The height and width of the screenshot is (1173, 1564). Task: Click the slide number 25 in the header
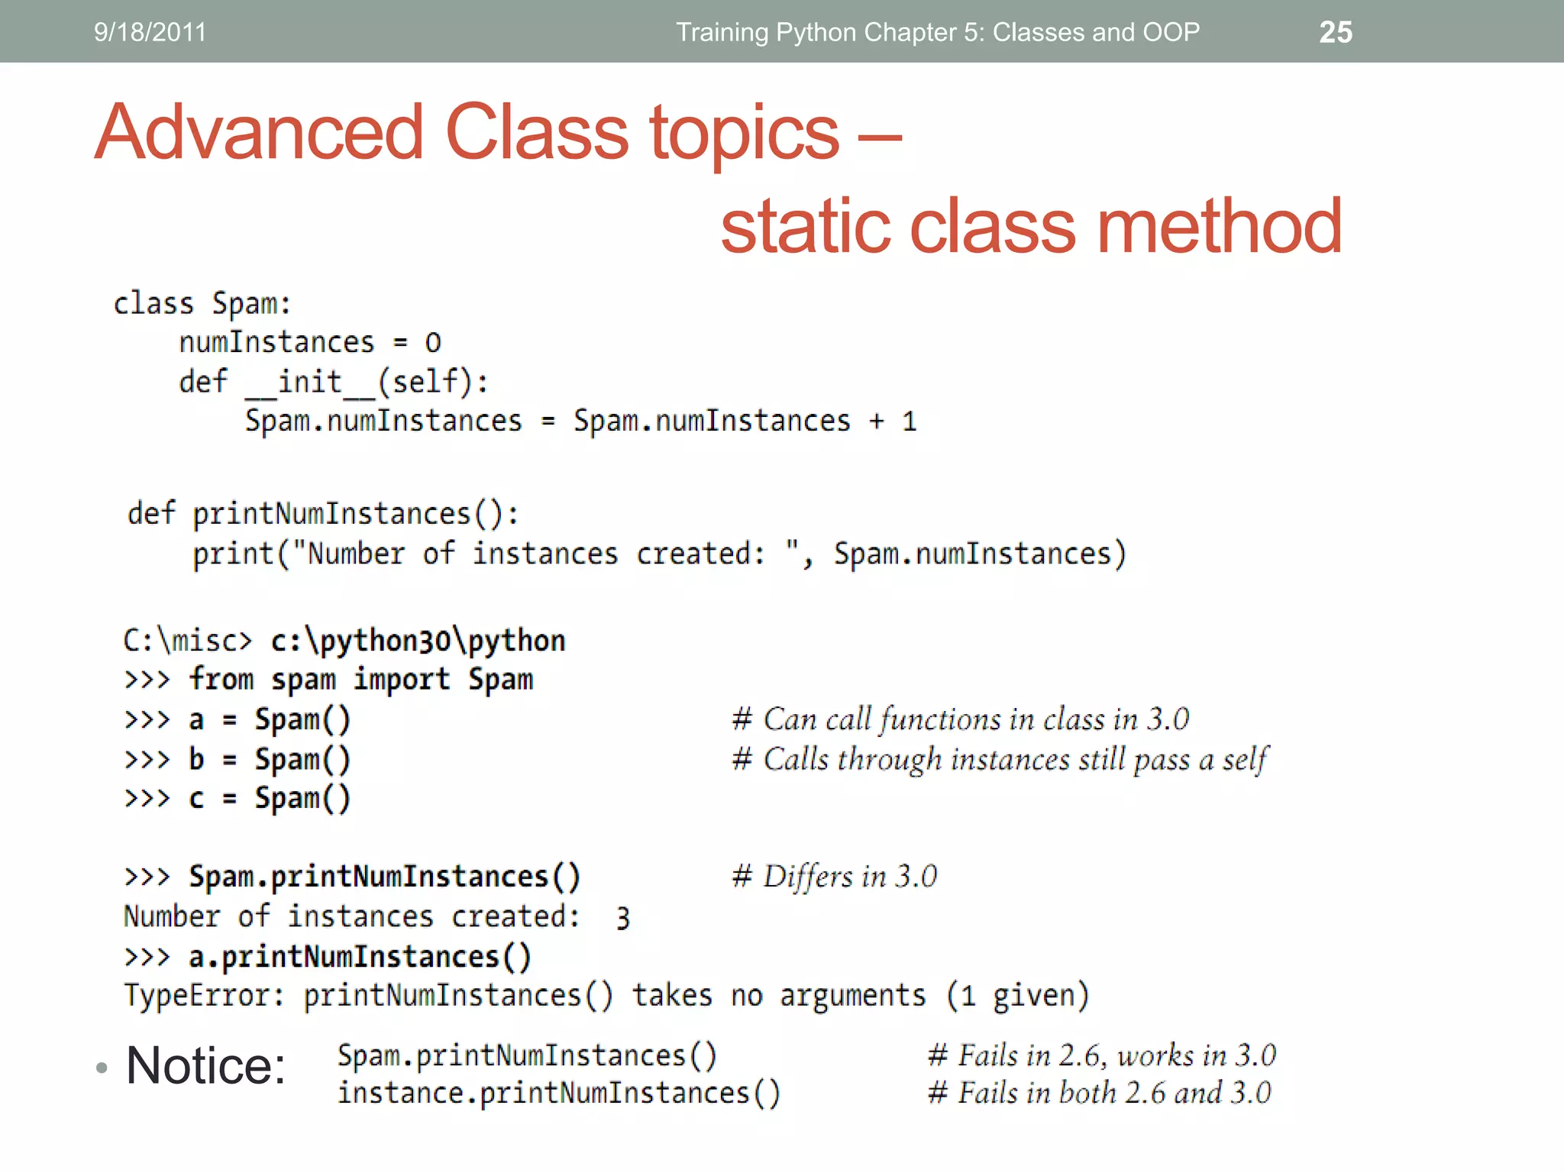pos(1336,32)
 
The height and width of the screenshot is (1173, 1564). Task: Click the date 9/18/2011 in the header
pos(150,32)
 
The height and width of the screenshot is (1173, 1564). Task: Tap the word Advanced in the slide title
pos(259,133)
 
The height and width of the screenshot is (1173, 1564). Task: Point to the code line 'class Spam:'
pos(202,304)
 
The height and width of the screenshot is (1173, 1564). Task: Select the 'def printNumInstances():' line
pos(323,514)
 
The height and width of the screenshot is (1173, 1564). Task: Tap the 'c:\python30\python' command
pos(418,641)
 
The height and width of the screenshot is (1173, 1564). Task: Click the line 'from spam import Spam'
pos(360,680)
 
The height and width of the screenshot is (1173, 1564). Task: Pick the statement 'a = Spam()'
pos(269,720)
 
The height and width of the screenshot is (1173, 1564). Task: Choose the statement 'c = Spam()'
pos(269,799)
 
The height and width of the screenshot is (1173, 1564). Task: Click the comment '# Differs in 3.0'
pos(835,877)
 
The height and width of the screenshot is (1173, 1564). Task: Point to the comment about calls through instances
pos(1000,760)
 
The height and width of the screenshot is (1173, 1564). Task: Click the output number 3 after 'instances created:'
pos(623,918)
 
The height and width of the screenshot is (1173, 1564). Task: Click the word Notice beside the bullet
pos(206,1066)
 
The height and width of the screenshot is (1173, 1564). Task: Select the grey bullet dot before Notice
pos(102,1068)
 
